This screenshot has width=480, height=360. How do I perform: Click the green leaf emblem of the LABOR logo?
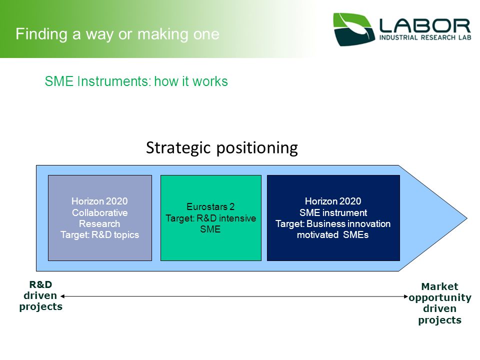pyautogui.click(x=354, y=29)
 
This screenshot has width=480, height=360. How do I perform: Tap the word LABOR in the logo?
pyautogui.click(x=425, y=26)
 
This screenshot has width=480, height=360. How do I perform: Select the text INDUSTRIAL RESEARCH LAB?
pyautogui.click(x=425, y=37)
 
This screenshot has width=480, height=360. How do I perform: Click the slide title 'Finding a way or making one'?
pyautogui.click(x=117, y=34)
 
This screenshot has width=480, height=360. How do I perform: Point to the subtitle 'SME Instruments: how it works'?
pyautogui.click(x=136, y=81)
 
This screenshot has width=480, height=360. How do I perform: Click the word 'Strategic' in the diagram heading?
pyautogui.click(x=178, y=148)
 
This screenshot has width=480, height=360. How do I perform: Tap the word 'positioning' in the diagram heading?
pyautogui.click(x=257, y=148)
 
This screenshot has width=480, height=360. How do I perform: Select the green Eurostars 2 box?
pyautogui.click(x=211, y=218)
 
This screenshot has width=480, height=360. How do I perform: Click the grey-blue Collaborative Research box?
pyautogui.click(x=100, y=218)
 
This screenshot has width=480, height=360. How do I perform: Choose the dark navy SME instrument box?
pyautogui.click(x=333, y=218)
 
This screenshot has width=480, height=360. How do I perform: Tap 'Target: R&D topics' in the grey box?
pyautogui.click(x=100, y=235)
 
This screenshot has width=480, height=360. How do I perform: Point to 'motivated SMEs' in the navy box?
pyautogui.click(x=333, y=235)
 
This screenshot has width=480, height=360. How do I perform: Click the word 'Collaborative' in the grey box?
pyautogui.click(x=100, y=212)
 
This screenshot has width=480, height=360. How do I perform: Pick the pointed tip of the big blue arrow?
pyautogui.click(x=467, y=218)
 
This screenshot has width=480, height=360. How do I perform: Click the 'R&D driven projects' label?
pyautogui.click(x=40, y=295)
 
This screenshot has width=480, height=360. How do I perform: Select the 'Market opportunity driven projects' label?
pyautogui.click(x=440, y=303)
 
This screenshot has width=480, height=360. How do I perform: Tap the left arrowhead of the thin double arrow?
pyautogui.click(x=62, y=296)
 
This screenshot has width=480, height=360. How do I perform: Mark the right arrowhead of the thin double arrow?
pyautogui.click(x=406, y=296)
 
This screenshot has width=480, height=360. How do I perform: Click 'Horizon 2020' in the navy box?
pyautogui.click(x=333, y=201)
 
